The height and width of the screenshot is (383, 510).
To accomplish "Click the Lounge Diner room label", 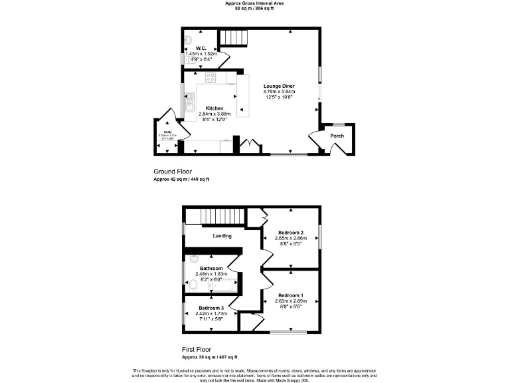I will [279, 86].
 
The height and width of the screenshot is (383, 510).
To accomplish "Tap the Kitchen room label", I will [214, 108].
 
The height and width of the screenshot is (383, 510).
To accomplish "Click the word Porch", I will [337, 136].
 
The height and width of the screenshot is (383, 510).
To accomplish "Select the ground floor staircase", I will [233, 37].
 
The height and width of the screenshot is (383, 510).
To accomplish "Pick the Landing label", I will [222, 235].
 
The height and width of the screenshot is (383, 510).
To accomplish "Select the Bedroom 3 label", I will [211, 308].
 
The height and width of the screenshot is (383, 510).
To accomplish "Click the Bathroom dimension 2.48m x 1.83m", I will [212, 273].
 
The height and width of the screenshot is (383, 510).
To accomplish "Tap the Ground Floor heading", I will [173, 171].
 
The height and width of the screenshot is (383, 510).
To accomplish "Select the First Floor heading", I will [201, 348].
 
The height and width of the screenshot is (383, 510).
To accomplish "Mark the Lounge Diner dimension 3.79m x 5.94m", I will [279, 92].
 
